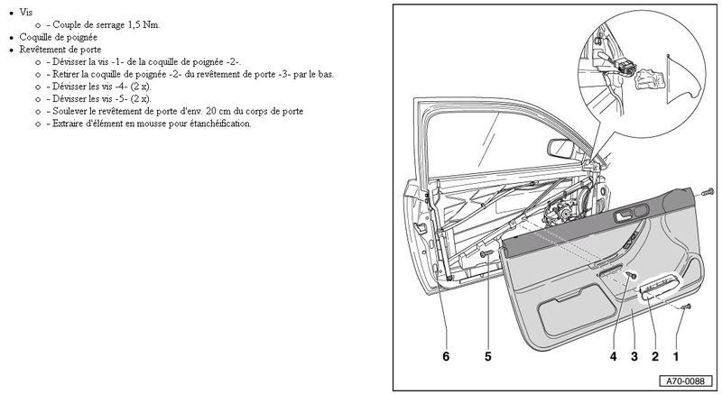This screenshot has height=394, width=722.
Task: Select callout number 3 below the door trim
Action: [634, 356]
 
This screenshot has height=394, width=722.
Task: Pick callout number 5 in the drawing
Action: [488, 356]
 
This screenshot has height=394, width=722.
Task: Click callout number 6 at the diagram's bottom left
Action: [446, 356]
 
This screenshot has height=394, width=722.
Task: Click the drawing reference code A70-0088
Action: [687, 381]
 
